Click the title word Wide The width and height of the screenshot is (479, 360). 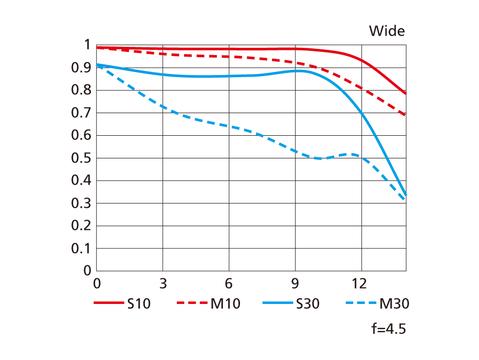pos(386,31)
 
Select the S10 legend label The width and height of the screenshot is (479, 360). pos(139,304)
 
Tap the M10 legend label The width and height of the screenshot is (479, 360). pos(225,304)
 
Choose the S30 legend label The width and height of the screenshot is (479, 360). pos(308,304)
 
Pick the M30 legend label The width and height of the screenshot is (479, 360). pos(394,304)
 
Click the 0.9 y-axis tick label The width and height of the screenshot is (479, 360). pos(82,68)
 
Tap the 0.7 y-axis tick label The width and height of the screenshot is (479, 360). pos(82,113)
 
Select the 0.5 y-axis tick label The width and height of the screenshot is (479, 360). pos(82,158)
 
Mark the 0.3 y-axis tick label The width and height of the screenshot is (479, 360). pos(82,203)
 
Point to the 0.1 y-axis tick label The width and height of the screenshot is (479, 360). pos(82,248)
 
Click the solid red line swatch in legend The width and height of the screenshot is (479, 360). pos(109,303)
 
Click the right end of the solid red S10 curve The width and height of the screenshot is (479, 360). pos(406,94)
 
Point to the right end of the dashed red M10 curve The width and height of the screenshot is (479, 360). pos(406,115)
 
